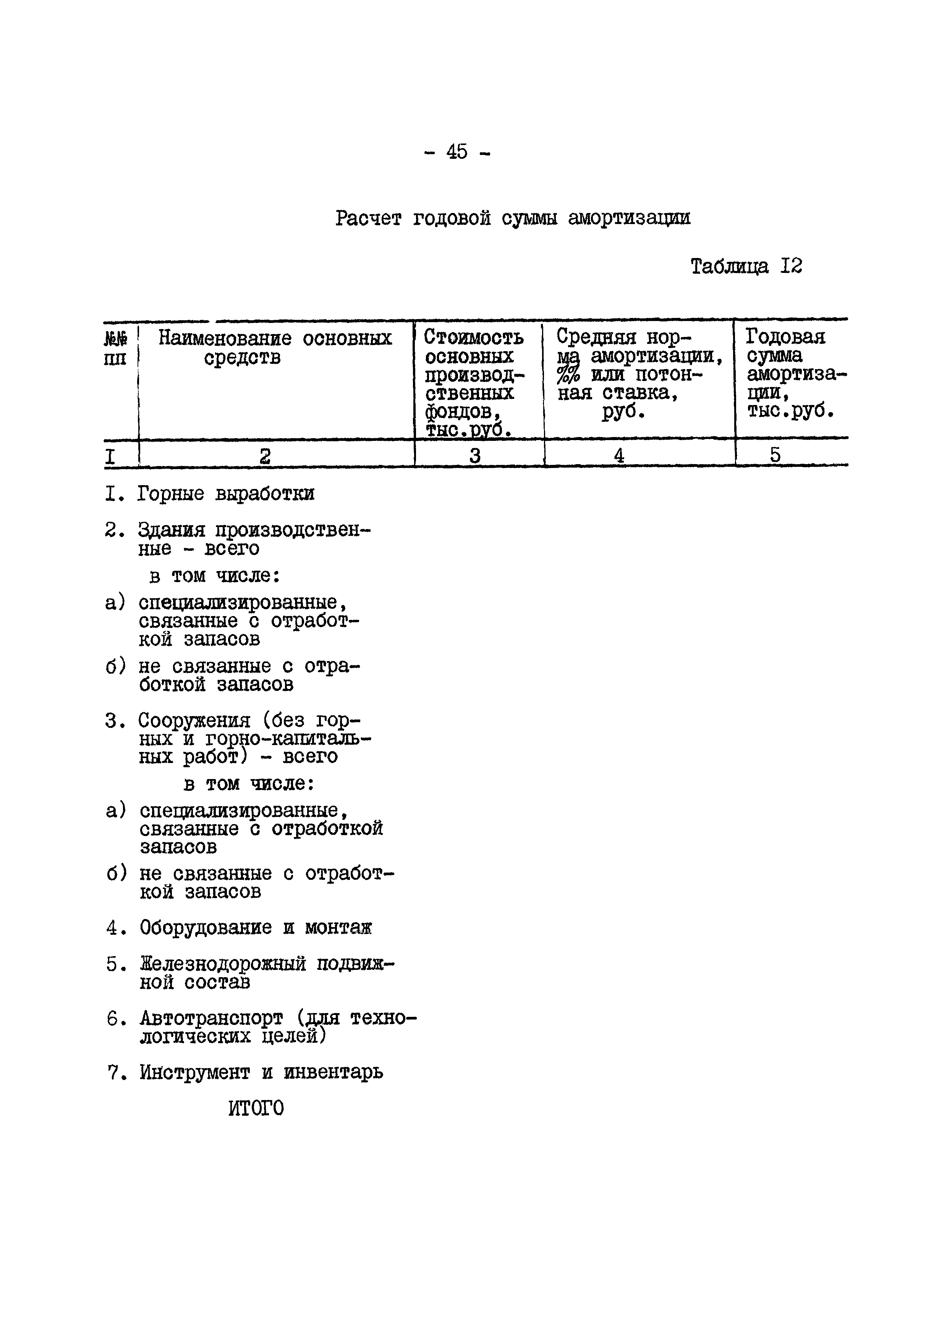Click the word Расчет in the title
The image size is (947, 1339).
(x=368, y=219)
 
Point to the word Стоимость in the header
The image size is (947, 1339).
(x=473, y=337)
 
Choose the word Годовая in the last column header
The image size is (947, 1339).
(x=785, y=337)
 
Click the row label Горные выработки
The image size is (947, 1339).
(x=226, y=494)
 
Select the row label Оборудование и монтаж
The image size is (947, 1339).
(x=256, y=927)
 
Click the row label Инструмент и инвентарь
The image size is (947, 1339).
(x=261, y=1072)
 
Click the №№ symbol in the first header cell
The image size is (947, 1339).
(x=115, y=338)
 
